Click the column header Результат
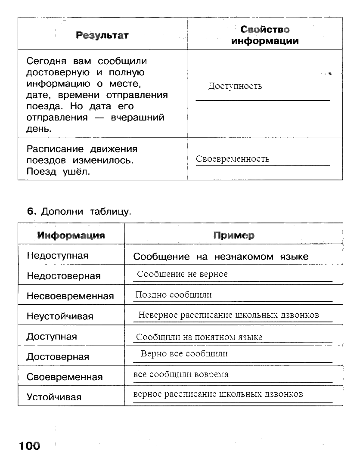coord(102,35)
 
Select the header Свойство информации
coord(265,35)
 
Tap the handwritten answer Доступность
coord(235,86)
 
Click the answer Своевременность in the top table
coord(233,159)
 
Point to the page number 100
coord(29,445)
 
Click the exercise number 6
coord(30,211)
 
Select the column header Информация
coord(71,235)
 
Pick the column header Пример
coord(233,235)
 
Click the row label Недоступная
coord(57,256)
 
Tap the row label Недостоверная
coord(63,276)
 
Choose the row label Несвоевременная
coord(70,296)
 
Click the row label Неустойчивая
coord(60,316)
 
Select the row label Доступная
coord(52,337)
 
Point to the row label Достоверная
coord(58,357)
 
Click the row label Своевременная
coord(65,377)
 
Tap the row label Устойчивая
coord(54,397)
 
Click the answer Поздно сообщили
coord(173,295)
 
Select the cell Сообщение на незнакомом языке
coord(220,257)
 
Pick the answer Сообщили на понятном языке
coord(199,337)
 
